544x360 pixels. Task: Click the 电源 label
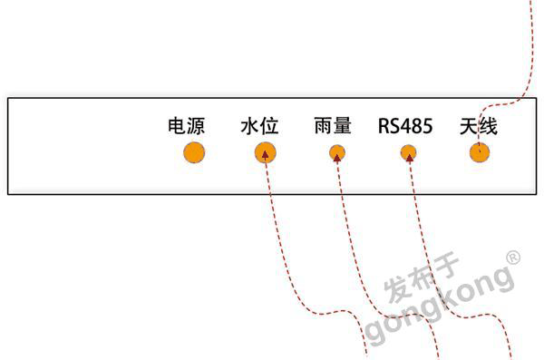[x=186, y=126]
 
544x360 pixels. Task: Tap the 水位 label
[x=259, y=126]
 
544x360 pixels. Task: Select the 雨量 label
[x=332, y=126]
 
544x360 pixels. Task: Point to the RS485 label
[x=405, y=126]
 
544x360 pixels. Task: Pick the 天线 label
[x=478, y=126]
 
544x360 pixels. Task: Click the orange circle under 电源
[x=194, y=152]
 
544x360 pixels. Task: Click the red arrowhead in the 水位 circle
[x=265, y=154]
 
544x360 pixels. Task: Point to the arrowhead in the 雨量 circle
[x=337, y=156]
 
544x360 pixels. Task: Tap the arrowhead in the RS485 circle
[x=409, y=156]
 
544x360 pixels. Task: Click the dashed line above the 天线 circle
[x=526, y=54]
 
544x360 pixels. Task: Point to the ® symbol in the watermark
[x=512, y=258]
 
